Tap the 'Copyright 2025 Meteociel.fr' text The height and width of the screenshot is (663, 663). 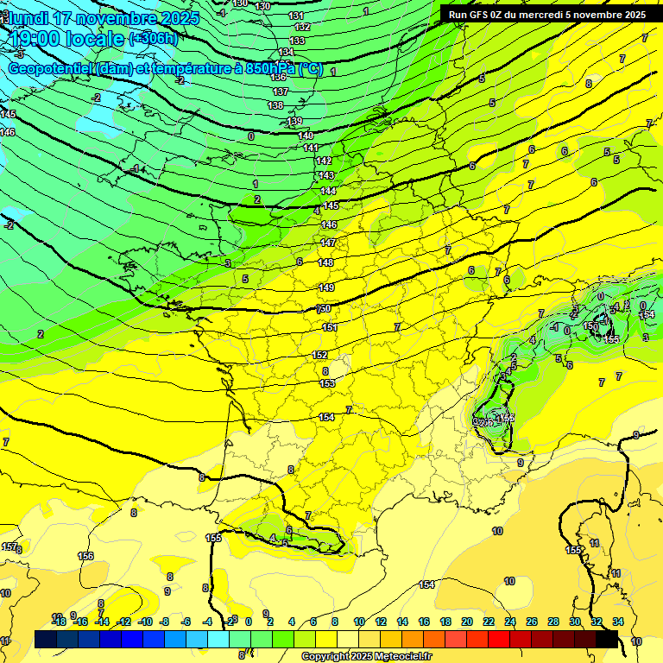[366, 657]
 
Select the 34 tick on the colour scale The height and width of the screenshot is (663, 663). [617, 622]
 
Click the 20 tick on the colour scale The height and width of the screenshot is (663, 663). [466, 622]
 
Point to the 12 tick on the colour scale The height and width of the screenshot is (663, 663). [381, 622]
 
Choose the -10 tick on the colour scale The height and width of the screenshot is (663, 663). [145, 622]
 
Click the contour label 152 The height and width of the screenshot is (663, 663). [319, 356]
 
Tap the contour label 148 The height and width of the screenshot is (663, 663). [325, 262]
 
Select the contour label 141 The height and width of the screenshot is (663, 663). [311, 148]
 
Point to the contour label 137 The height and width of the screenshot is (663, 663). [280, 92]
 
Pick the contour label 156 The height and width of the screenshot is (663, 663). [85, 556]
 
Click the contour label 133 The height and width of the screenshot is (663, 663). [297, 41]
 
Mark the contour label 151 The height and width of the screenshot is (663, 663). [330, 327]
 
